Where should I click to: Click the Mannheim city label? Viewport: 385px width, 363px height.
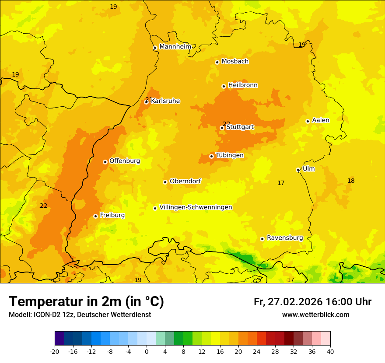[175, 46]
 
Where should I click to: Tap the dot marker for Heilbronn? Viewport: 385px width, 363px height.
[224, 86]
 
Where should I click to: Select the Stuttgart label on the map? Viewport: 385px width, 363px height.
[240, 127]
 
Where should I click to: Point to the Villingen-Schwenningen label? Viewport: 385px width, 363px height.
[196, 207]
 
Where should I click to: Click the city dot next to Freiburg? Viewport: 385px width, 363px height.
[95, 216]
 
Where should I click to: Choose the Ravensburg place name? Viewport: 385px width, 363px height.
[285, 238]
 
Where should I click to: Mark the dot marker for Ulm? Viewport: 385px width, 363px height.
[298, 170]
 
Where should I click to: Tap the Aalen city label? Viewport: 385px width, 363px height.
[321, 120]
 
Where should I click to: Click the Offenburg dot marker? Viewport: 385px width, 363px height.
[105, 162]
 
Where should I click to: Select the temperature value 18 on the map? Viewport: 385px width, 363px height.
[351, 181]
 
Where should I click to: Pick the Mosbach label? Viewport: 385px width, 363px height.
[235, 62]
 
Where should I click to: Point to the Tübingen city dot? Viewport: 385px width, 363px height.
[211, 156]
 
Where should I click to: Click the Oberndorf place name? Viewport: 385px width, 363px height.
[185, 181]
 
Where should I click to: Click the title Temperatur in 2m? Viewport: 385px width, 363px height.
[86, 302]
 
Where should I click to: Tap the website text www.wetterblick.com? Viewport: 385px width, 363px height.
[315, 315]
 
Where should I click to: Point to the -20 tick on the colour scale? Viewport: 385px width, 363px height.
[55, 351]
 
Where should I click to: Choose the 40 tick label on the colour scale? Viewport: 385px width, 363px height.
[330, 351]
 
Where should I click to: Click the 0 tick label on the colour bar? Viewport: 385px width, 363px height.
[147, 351]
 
